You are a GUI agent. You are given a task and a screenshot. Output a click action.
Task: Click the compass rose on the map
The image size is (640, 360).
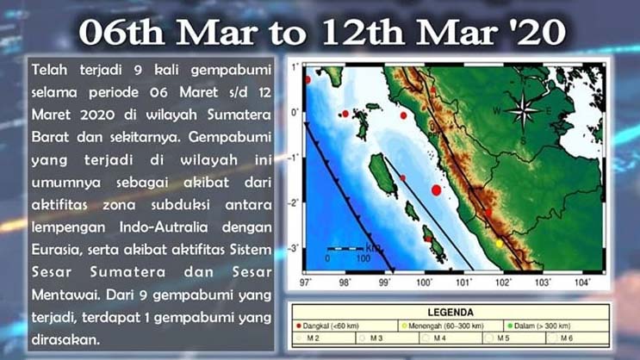click(x=522, y=110)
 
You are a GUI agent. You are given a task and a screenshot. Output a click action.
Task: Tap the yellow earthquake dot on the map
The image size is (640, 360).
click(x=499, y=244)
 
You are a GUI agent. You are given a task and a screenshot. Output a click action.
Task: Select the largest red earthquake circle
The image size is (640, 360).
click(x=437, y=189)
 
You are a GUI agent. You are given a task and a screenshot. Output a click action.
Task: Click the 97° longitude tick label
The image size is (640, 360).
click(x=303, y=282)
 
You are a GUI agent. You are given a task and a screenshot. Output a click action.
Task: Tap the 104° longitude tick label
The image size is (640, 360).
click(x=583, y=282)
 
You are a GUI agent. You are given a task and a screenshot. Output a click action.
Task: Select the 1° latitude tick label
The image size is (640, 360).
click(x=295, y=66)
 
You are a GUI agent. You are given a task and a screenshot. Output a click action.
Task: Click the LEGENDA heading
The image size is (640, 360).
click(x=450, y=312)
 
